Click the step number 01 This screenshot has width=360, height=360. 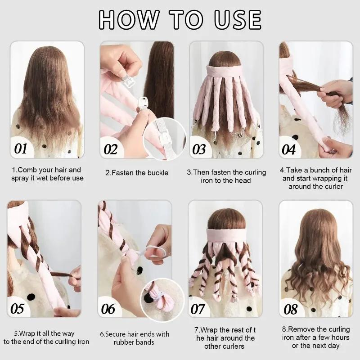(21, 148)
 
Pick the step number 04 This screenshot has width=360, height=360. (288, 149)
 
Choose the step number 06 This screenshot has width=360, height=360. (108, 309)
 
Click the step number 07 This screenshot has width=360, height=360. (198, 309)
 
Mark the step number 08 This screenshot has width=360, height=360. (291, 309)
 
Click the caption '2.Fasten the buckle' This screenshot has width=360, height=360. (137, 173)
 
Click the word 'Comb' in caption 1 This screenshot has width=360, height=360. (28, 170)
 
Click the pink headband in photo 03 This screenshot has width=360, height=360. (225, 71)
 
